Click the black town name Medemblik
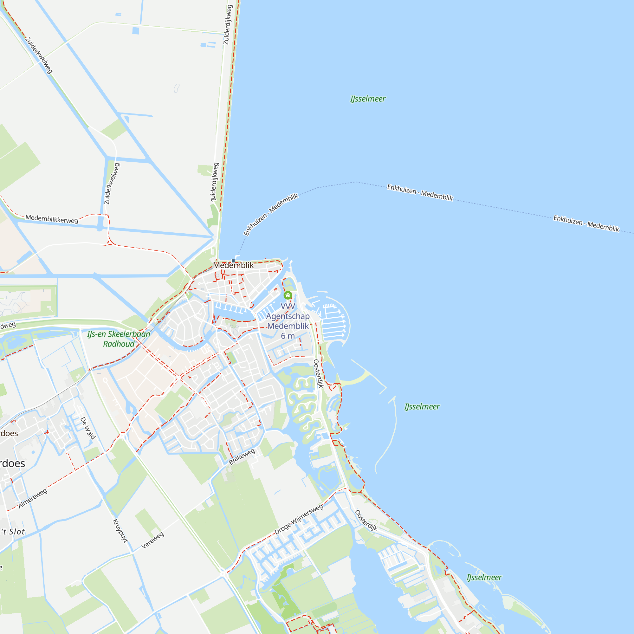[233, 265]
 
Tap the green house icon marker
[288, 295]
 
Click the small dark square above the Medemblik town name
[233, 261]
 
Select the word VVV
[288, 306]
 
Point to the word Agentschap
[288, 316]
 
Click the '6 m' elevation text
[288, 336]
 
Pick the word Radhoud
[119, 344]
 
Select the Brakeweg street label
[242, 457]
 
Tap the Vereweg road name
[152, 540]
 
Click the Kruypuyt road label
[120, 531]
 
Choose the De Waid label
[88, 428]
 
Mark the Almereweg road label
[33, 498]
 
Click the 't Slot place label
[13, 532]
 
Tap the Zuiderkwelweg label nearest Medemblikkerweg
[112, 184]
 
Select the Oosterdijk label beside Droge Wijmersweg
[366, 521]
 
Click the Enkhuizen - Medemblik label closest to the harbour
[271, 214]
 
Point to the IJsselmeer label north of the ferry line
[368, 99]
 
